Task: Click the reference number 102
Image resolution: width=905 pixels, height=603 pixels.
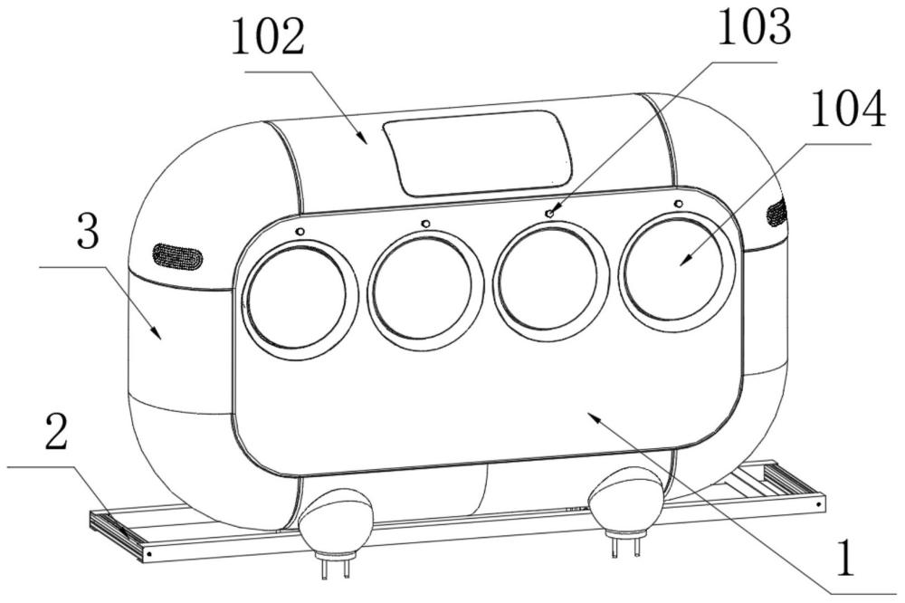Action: pyautogui.click(x=268, y=36)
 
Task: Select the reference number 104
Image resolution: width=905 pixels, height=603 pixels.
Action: pyautogui.click(x=848, y=109)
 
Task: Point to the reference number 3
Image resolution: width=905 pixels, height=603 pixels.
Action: pyautogui.click(x=88, y=230)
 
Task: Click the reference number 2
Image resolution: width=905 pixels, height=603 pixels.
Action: pyautogui.click(x=56, y=432)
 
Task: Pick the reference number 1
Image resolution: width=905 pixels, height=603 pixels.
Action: pyautogui.click(x=845, y=559)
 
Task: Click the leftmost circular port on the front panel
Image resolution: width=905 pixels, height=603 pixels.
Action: pyautogui.click(x=298, y=297)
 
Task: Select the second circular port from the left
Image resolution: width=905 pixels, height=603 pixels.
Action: pyautogui.click(x=424, y=285)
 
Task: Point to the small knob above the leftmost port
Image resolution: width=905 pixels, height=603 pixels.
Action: pyautogui.click(x=300, y=232)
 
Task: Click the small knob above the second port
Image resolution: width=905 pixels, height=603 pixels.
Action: pyautogui.click(x=426, y=223)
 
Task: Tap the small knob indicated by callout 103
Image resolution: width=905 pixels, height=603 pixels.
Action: pyautogui.click(x=551, y=214)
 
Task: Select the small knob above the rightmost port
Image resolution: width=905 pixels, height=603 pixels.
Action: pyautogui.click(x=679, y=204)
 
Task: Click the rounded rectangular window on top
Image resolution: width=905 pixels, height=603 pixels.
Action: pyautogui.click(x=477, y=152)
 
